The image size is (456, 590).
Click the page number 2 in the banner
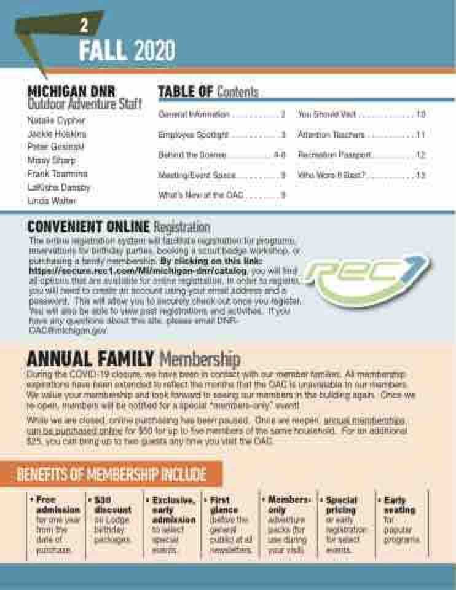tap(84, 26)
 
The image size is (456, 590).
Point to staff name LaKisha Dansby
tap(59, 187)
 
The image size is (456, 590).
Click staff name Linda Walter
tap(53, 200)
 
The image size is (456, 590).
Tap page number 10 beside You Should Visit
tap(421, 114)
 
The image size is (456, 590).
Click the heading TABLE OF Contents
tap(208, 92)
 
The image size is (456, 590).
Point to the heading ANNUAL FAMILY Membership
tap(133, 358)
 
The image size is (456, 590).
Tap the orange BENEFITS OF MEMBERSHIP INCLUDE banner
tap(111, 474)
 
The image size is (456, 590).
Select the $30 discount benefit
tap(113, 520)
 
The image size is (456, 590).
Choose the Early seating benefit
tap(400, 520)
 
